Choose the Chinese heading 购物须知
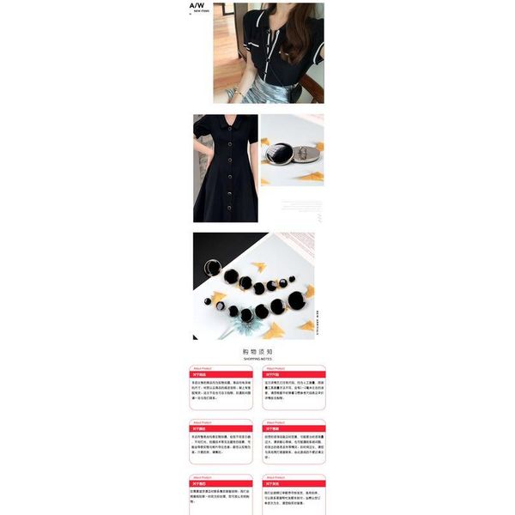pyautogui.click(x=257, y=351)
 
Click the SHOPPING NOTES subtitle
pyautogui.click(x=257, y=359)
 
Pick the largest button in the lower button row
pyautogui.click(x=296, y=300)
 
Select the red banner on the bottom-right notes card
pyautogui.click(x=294, y=483)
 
